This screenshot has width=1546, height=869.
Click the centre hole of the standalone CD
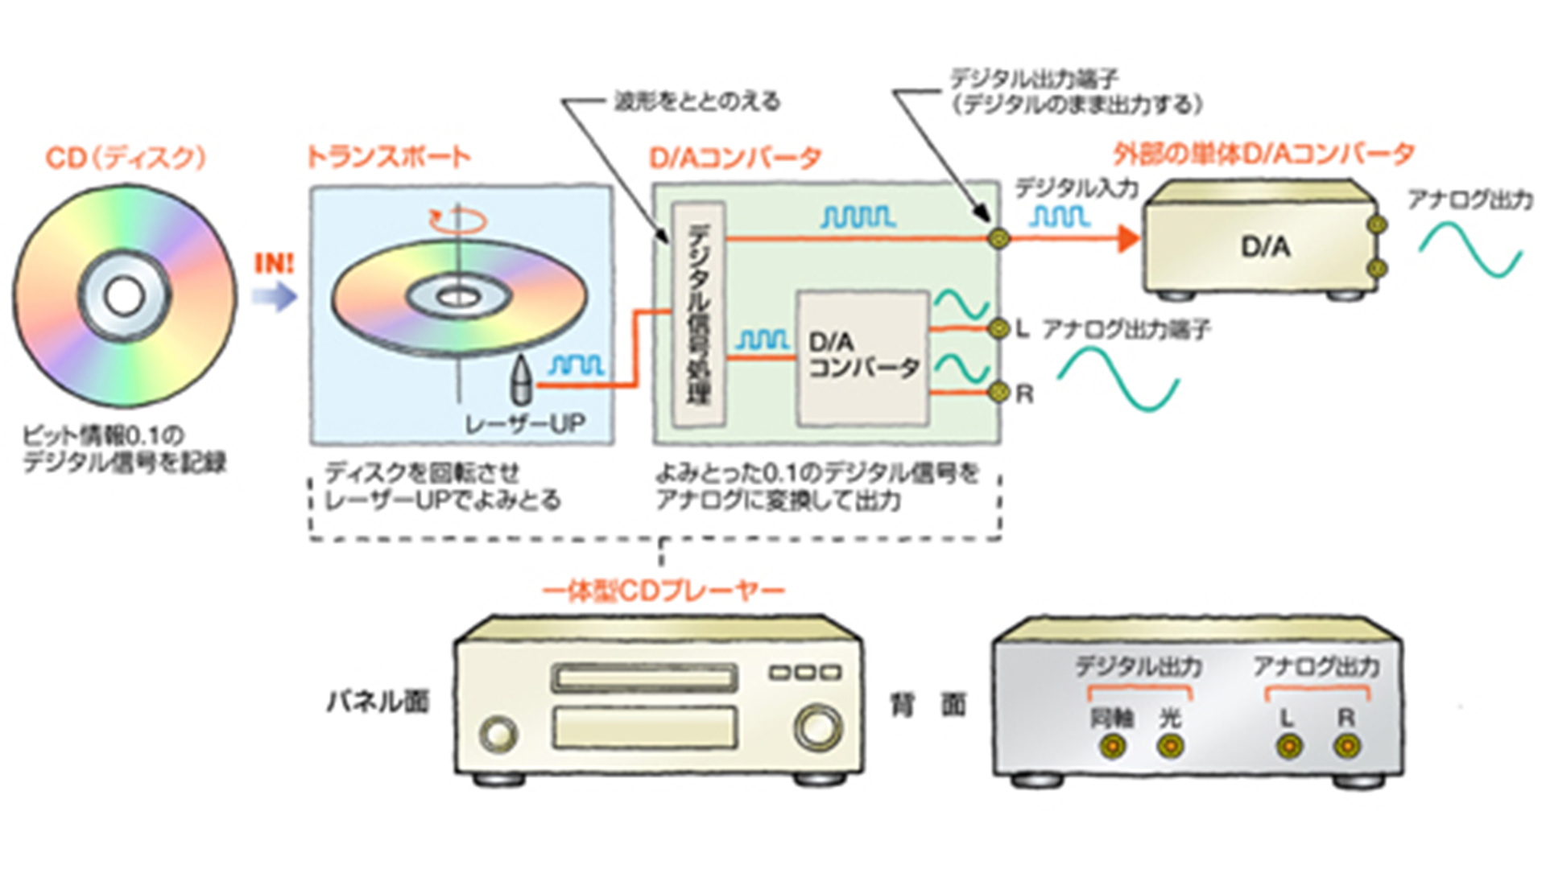tap(124, 296)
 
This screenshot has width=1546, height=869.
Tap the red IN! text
tap(275, 263)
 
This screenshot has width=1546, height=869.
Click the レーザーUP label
tap(525, 423)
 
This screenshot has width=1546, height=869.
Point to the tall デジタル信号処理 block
tap(698, 314)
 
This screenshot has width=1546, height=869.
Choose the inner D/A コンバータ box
tap(862, 358)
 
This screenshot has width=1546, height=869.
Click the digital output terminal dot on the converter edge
tap(998, 238)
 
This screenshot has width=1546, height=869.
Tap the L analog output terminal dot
tap(998, 328)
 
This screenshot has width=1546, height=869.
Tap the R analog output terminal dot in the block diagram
tap(998, 393)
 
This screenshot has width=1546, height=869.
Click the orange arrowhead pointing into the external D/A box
tap(1128, 238)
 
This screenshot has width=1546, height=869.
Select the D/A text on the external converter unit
tap(1265, 247)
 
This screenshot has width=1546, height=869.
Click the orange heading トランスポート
tap(388, 157)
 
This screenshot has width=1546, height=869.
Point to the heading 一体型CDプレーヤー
tap(663, 592)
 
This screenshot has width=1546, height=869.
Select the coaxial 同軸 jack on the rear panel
tap(1112, 748)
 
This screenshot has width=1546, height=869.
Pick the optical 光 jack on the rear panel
tap(1170, 748)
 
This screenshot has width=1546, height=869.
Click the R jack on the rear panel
tap(1346, 748)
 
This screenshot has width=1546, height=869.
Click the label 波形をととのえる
tap(697, 101)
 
